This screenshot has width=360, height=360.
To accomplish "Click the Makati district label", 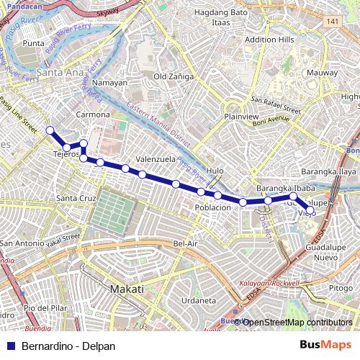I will [127, 289].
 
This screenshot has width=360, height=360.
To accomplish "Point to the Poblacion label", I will [213, 207].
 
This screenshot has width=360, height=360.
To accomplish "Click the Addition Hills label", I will [270, 39].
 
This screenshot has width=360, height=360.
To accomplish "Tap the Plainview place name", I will [241, 116].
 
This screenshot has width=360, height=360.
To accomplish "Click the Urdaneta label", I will [199, 300].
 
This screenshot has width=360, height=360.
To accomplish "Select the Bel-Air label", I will [185, 244].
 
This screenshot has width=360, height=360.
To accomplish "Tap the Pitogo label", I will [341, 288].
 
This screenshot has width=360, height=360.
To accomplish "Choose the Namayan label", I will [110, 83].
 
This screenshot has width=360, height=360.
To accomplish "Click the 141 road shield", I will [331, 22].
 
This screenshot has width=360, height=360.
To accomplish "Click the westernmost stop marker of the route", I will [50, 130].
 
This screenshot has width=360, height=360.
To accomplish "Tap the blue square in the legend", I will [12, 346].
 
